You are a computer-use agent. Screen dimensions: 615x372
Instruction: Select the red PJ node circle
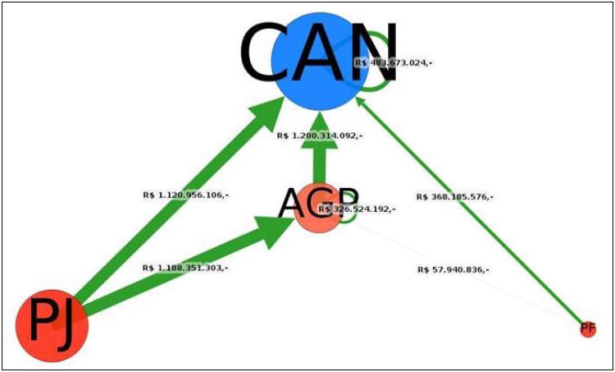[52, 325]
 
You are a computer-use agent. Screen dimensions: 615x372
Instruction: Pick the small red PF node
[587, 329]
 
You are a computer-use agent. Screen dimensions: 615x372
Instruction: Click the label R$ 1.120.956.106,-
[185, 195]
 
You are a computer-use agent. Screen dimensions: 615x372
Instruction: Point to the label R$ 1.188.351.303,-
[185, 268]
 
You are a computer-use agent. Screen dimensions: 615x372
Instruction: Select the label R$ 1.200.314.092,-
[320, 135]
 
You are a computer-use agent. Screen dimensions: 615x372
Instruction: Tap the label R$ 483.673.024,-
[393, 62]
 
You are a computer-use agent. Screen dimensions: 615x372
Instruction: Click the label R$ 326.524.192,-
[357, 209]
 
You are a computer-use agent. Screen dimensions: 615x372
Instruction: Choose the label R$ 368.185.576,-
[454, 197]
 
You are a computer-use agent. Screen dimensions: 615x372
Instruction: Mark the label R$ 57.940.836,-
[454, 269]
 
